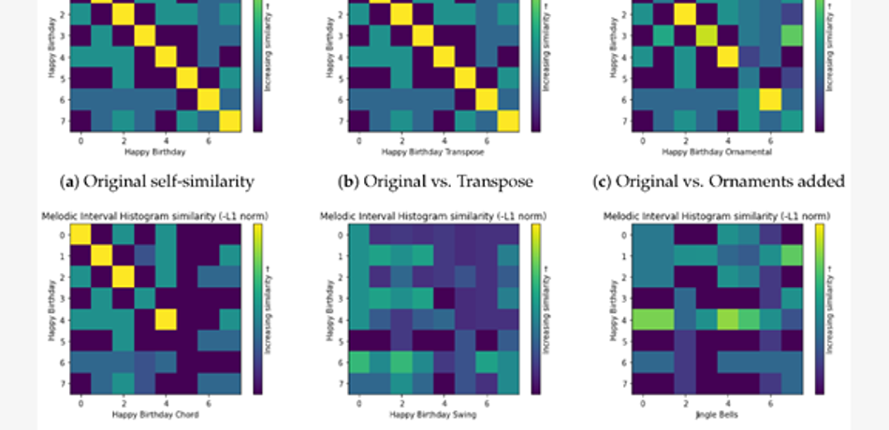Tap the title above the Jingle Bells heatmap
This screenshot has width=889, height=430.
pyautogui.click(x=709, y=217)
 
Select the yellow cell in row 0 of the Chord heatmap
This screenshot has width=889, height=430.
pyautogui.click(x=81, y=234)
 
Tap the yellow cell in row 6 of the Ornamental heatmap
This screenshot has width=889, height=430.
pyautogui.click(x=770, y=99)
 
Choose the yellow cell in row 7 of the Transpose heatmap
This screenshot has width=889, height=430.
pyautogui.click(x=507, y=121)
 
